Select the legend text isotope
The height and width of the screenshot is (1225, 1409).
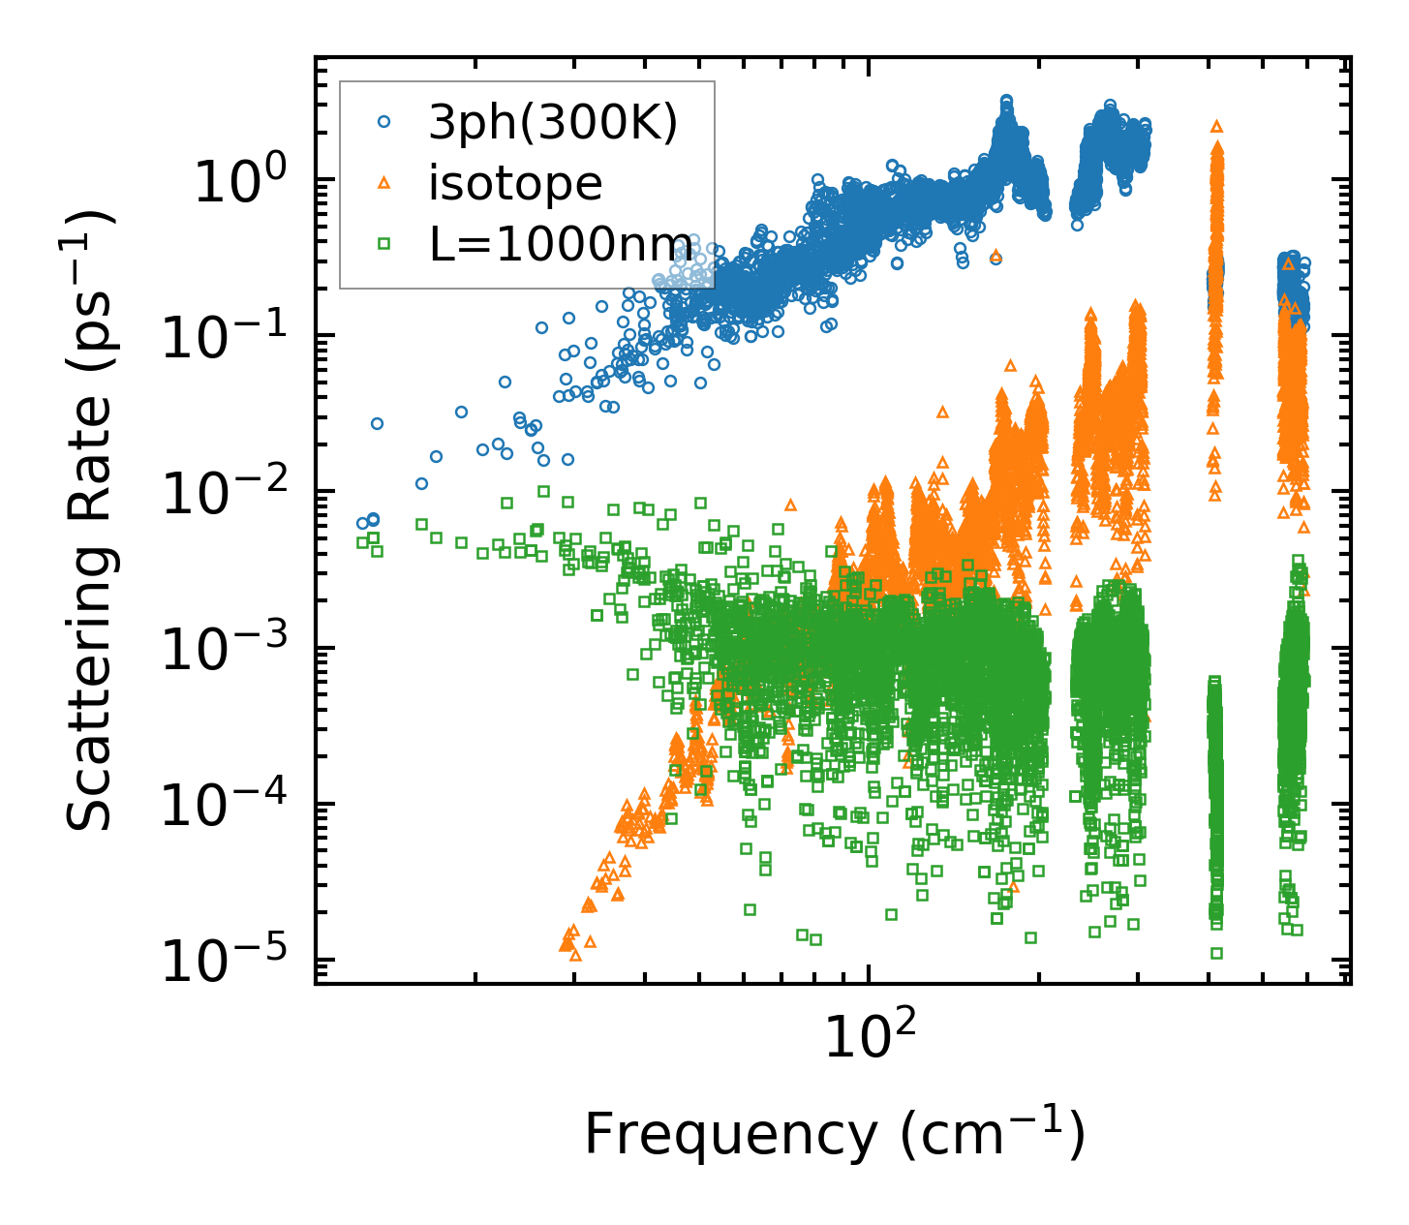coord(515,183)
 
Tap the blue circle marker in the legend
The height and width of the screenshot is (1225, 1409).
coord(383,122)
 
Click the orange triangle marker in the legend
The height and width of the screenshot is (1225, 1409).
coord(383,183)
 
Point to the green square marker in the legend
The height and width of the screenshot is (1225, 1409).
coord(383,244)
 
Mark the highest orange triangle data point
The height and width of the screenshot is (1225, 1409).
coord(1217,126)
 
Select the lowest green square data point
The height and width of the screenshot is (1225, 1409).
coord(1216,953)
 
